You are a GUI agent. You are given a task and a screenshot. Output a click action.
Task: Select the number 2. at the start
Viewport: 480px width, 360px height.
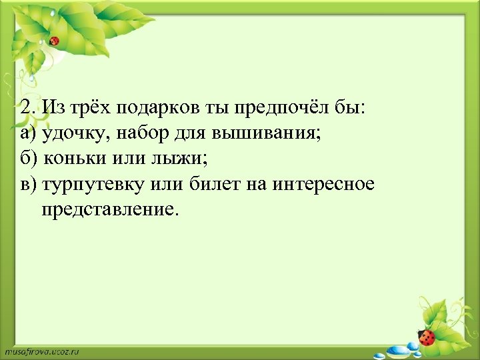point(27,107)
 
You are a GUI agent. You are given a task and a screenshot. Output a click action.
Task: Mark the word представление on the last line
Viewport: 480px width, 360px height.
point(110,210)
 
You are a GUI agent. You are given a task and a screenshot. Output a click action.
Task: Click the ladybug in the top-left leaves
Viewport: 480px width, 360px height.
point(55,41)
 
